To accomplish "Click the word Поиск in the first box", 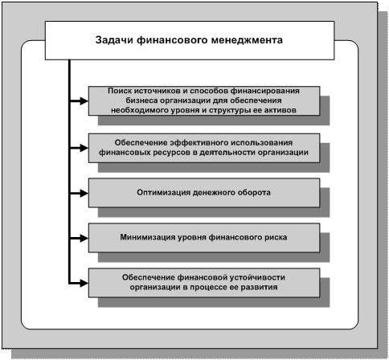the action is tap(119, 91).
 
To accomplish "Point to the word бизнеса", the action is tap(141, 100).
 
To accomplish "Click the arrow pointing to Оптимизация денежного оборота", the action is tap(79, 193).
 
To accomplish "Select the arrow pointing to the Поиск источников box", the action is tap(79, 101).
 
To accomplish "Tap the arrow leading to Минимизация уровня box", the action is tap(79, 238).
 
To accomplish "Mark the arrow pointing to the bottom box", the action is tap(79, 283).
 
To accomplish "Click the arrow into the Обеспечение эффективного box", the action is tap(79, 148).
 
